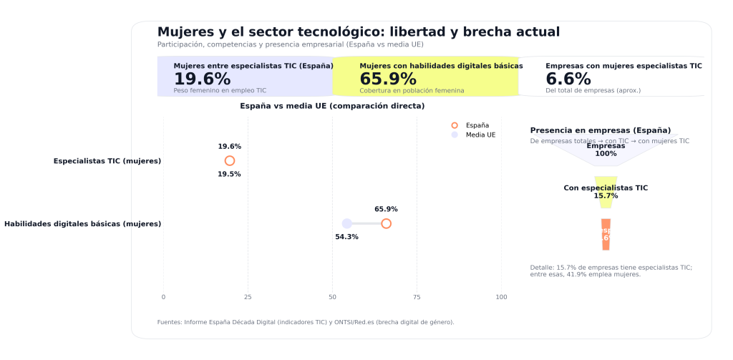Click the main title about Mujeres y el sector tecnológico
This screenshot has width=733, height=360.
(x=358, y=32)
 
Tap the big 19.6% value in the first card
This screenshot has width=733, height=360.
(x=202, y=79)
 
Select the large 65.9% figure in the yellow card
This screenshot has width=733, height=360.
(x=387, y=79)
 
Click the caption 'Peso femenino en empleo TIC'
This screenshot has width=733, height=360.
(x=219, y=91)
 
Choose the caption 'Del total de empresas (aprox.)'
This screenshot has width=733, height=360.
(x=593, y=91)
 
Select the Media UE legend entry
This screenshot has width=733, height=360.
(x=480, y=135)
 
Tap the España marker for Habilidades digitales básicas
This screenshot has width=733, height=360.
(x=386, y=224)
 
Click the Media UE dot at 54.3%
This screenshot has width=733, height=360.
(x=346, y=224)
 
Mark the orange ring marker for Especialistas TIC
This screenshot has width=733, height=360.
(x=229, y=161)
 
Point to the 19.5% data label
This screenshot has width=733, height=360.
(x=229, y=175)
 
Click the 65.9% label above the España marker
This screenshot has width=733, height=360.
(x=386, y=210)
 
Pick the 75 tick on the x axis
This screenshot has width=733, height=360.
(x=417, y=297)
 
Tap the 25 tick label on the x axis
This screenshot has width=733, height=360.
(x=248, y=297)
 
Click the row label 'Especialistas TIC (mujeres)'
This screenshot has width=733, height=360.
(x=107, y=161)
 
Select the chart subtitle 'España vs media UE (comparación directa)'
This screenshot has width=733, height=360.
(x=332, y=106)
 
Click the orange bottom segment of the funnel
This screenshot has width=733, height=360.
(x=606, y=235)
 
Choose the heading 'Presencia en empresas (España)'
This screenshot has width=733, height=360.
(x=600, y=131)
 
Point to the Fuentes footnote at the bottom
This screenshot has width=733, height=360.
(x=305, y=322)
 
